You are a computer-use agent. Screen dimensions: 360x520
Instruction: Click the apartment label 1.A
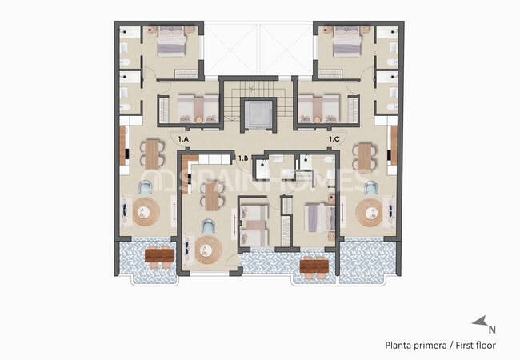[183, 139]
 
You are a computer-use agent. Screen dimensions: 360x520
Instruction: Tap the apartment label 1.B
[242, 158]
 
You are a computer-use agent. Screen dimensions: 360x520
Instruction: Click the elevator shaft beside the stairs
[258, 115]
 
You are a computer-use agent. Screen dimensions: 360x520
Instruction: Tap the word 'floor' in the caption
[484, 346]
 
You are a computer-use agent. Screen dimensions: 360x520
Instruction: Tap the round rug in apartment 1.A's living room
[146, 212]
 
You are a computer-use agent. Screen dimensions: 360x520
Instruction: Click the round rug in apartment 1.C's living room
[370, 212]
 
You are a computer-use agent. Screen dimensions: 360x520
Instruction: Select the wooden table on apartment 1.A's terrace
[159, 256]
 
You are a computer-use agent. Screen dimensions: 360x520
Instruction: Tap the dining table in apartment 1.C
[365, 155]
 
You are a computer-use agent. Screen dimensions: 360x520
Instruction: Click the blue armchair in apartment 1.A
[146, 187]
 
